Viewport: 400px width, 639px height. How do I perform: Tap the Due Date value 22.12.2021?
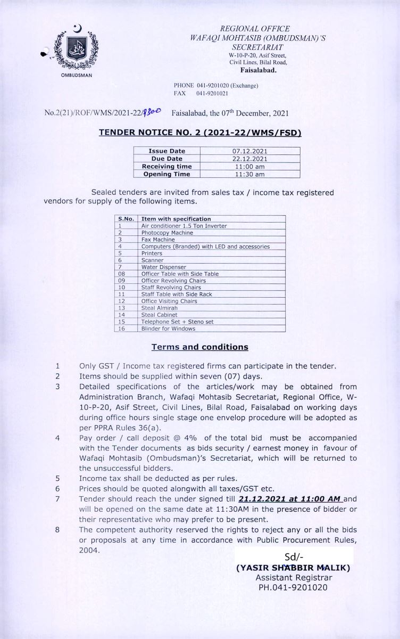click(249, 159)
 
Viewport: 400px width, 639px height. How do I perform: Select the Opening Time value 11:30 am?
click(249, 174)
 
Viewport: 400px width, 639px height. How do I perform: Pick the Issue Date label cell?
click(166, 151)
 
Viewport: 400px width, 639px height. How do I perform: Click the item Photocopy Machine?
click(166, 233)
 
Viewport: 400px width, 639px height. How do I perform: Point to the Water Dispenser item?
click(163, 267)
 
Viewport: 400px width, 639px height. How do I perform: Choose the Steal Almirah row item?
click(159, 308)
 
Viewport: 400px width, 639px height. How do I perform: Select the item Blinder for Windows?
click(168, 329)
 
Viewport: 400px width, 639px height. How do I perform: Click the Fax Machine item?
click(158, 240)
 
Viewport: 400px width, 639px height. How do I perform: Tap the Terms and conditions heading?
click(199, 347)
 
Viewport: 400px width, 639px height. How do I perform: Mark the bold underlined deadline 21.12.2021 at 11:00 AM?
click(290, 498)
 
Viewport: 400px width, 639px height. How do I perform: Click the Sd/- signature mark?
click(293, 557)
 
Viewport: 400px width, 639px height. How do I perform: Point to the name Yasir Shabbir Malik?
click(293, 568)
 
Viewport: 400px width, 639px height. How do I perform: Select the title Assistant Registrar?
click(293, 578)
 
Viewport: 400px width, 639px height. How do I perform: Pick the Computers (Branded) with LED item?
click(205, 247)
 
